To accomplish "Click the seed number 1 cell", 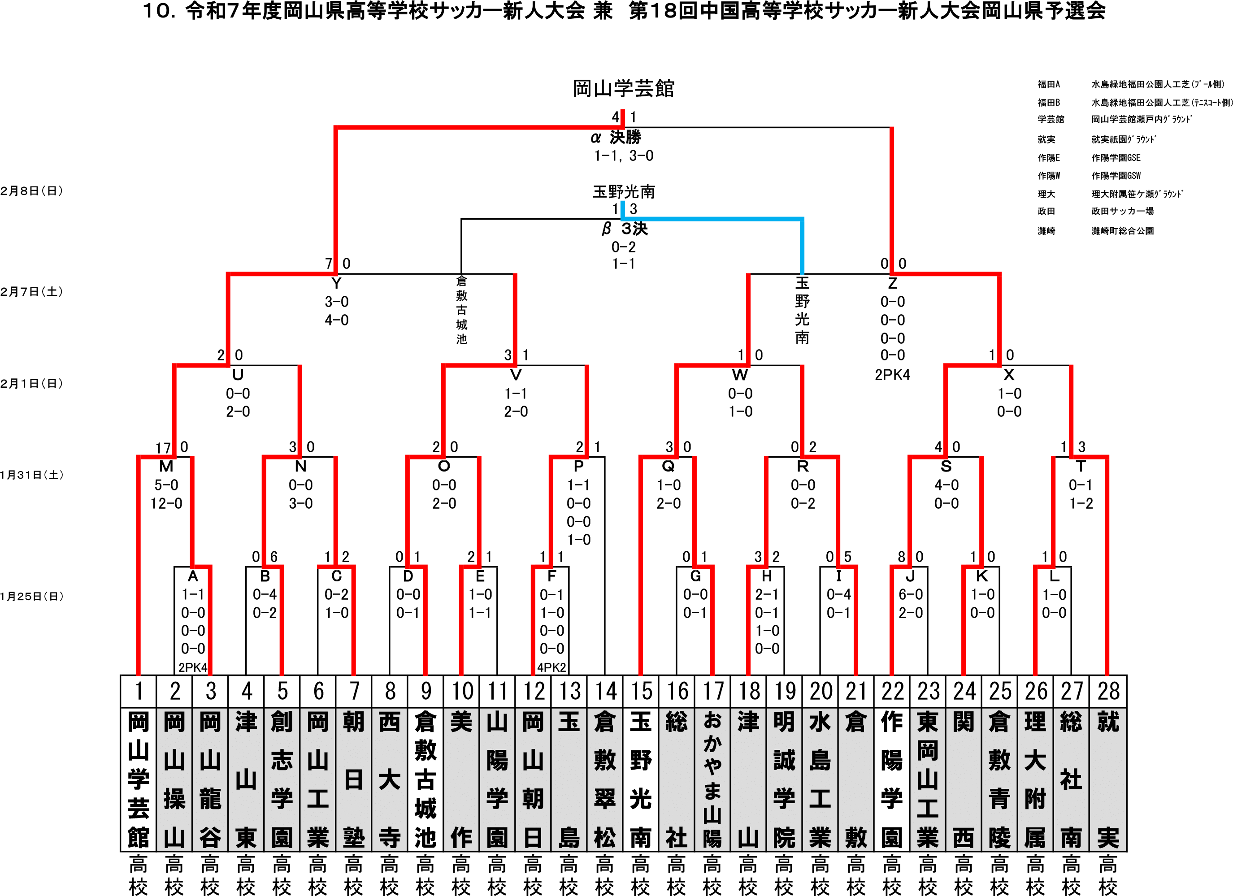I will click(x=139, y=691).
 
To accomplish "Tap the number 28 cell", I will click(x=1108, y=691).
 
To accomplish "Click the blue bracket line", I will click(x=712, y=219).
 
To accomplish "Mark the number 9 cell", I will click(x=425, y=691).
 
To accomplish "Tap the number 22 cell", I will click(x=892, y=691).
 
